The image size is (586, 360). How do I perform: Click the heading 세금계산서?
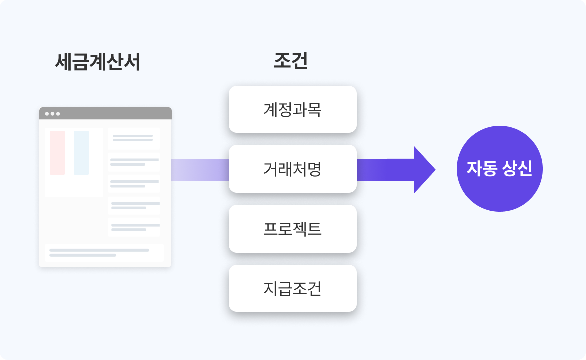pos(97,62)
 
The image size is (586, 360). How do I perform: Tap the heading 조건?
pos(290,61)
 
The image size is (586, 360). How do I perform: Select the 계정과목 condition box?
pos(292,109)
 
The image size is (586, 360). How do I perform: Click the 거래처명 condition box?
pos(292,169)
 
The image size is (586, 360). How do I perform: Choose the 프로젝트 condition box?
pos(292,229)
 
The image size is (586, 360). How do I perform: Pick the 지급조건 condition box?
pos(292,288)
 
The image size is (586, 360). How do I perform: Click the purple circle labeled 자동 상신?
pos(499,169)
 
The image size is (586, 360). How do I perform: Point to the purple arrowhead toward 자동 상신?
pos(424,170)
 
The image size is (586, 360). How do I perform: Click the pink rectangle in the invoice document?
pos(57,153)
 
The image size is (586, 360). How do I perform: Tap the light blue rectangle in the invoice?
pos(81,153)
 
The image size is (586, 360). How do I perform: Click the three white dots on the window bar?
pos(52,114)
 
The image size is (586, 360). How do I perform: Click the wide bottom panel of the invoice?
pos(104,252)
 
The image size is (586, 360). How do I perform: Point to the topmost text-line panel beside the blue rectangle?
pos(133,138)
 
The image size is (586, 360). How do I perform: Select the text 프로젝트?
pos(292,229)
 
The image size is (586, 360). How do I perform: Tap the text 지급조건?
pos(292,288)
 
